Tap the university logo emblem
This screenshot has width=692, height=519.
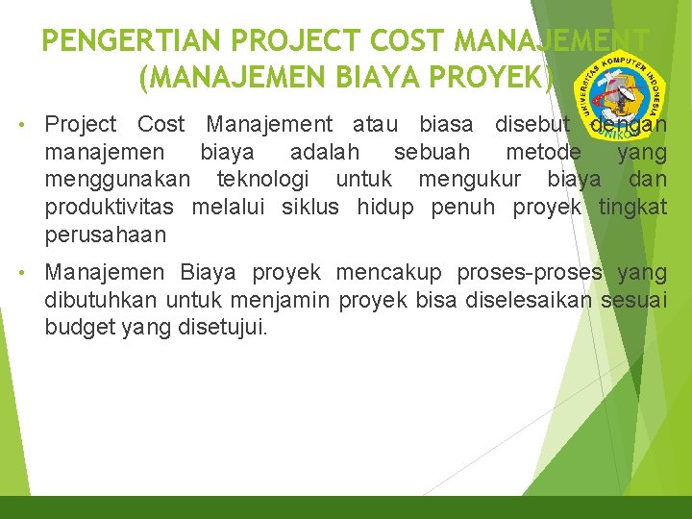pyautogui.click(x=620, y=96)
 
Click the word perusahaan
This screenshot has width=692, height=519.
pyautogui.click(x=106, y=235)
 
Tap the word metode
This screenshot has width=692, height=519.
pyautogui.click(x=543, y=152)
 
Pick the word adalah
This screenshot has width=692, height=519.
pyautogui.click(x=325, y=152)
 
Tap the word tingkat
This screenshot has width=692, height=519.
pyautogui.click(x=632, y=208)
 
